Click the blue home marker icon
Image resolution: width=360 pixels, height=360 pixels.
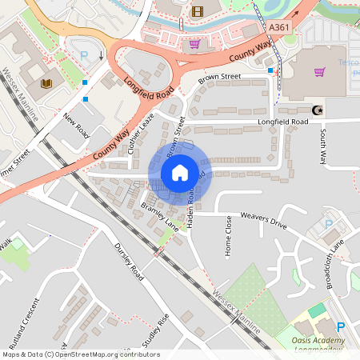coord(180,172)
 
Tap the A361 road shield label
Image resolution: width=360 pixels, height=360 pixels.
coord(279,28)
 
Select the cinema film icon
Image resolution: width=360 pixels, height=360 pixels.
coord(197,11)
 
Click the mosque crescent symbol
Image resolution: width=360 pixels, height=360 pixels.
coord(313,110)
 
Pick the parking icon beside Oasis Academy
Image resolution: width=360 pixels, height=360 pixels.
coord(341,326)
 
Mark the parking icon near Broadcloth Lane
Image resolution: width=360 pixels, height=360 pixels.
coord(328,225)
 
